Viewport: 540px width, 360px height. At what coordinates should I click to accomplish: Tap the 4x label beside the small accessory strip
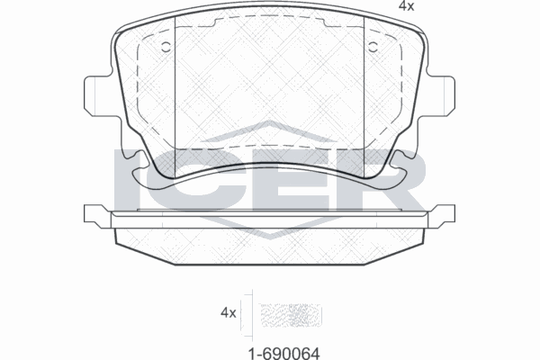click(228, 312)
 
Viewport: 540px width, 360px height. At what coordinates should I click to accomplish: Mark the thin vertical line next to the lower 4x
click(253, 312)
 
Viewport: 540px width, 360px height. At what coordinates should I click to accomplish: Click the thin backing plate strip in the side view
click(270, 216)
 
